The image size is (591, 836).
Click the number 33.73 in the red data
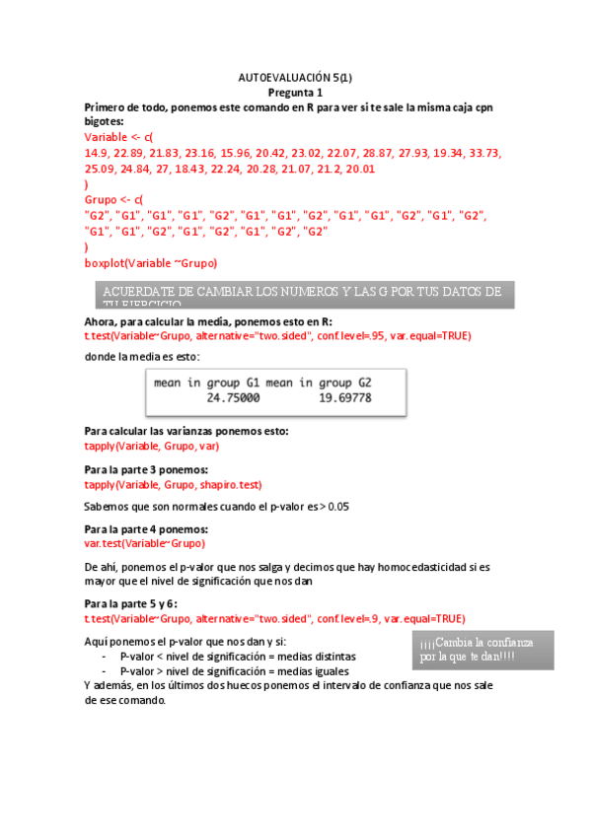481,154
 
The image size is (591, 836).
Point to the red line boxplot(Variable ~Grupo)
151,263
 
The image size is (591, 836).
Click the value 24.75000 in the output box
233,398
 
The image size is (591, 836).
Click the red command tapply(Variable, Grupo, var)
151,446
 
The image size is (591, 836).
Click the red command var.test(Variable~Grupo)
146,543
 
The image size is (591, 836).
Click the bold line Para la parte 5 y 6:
132,602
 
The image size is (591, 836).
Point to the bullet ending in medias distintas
238,656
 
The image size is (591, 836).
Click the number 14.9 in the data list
97,154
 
